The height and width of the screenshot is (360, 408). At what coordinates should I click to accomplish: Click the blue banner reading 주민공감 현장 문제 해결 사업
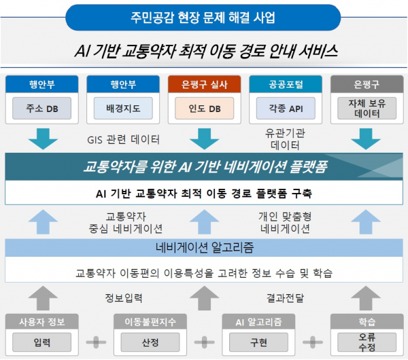click(x=203, y=18)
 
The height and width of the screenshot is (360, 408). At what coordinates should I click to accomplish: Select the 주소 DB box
click(x=42, y=109)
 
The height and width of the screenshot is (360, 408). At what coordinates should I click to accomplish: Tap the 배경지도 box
click(x=123, y=109)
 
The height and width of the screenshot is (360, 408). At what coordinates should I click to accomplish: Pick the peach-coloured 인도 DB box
click(x=204, y=109)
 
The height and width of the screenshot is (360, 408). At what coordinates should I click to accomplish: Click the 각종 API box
click(x=286, y=109)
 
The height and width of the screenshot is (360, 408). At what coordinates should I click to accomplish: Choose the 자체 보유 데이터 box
click(x=367, y=109)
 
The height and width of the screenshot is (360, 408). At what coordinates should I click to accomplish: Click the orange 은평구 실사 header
click(x=204, y=84)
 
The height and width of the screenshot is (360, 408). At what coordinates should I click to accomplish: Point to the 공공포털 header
click(x=286, y=84)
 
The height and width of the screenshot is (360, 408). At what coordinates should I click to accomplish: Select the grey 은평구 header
click(x=367, y=84)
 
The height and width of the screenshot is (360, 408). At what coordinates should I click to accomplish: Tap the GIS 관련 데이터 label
click(x=123, y=140)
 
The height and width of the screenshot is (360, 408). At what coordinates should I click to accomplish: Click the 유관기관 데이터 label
click(x=285, y=139)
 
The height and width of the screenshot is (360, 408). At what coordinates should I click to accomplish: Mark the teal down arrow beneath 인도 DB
click(x=204, y=139)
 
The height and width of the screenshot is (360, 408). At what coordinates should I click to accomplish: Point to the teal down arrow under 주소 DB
click(x=43, y=139)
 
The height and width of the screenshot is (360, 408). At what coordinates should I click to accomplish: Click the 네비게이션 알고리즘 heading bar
click(x=204, y=247)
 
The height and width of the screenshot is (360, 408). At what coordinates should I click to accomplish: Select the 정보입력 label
click(x=124, y=298)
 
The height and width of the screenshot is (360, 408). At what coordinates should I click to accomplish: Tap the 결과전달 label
click(x=285, y=298)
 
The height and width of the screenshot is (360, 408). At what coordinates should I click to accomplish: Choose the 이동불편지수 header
click(x=150, y=322)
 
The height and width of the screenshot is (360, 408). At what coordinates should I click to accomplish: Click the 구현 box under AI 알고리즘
click(x=258, y=342)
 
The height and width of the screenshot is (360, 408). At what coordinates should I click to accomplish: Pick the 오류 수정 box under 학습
click(x=367, y=342)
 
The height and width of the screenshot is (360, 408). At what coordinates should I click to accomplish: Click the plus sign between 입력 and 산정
click(x=96, y=342)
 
